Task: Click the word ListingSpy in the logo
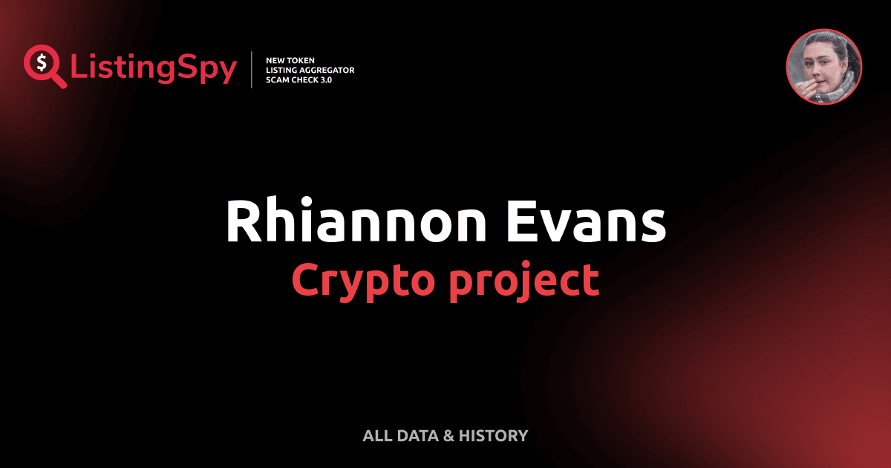point(154,68)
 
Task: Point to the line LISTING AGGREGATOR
point(310,70)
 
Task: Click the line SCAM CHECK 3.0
point(298,79)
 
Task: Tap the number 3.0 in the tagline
point(324,79)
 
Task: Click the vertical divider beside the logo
point(253,69)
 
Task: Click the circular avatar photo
point(823,67)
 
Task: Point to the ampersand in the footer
point(448,436)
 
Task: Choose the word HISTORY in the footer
point(493,436)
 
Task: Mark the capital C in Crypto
point(306,280)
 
